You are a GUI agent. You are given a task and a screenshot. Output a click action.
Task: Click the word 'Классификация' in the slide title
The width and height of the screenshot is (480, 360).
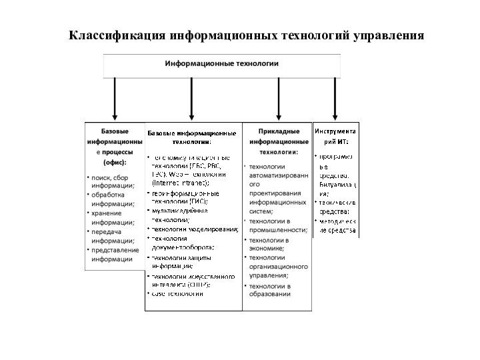coord(118,35)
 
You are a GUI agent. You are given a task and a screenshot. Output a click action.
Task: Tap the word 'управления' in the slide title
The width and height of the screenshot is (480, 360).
coord(387,35)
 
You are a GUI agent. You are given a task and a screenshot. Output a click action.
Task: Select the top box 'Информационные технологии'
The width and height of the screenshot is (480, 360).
coord(221,64)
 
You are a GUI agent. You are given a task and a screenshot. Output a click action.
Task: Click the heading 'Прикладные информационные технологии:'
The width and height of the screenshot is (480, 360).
coord(279,141)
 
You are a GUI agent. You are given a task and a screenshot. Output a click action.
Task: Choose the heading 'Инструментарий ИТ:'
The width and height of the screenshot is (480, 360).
coord(335,136)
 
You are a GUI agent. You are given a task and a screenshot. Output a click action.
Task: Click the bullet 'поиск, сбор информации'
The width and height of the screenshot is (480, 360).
coord(114,183)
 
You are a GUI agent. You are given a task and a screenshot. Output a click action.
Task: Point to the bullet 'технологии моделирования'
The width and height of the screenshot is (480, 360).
coord(195,229)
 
